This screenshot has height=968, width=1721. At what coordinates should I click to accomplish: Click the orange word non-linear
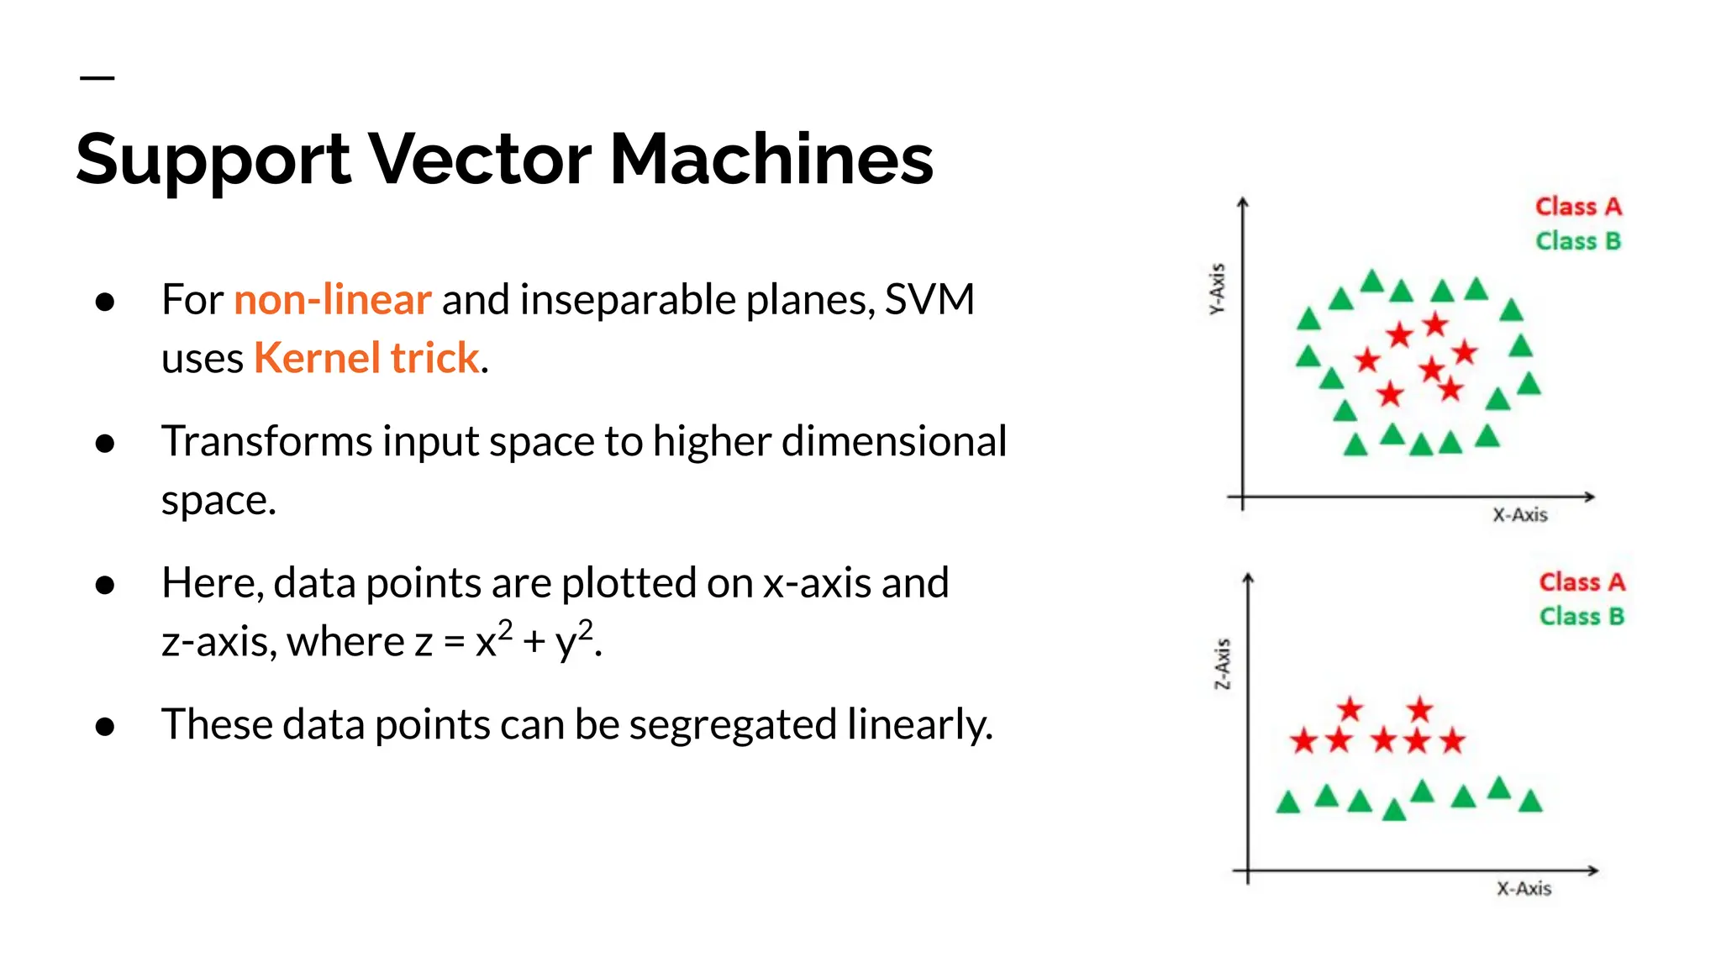click(332, 299)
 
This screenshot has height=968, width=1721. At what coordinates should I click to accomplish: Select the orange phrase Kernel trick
click(366, 358)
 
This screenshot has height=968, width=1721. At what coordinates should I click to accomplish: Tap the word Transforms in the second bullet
click(266, 441)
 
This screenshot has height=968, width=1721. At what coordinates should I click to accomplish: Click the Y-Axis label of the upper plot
click(1217, 288)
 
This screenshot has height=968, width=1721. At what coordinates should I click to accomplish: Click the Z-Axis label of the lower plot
click(1223, 664)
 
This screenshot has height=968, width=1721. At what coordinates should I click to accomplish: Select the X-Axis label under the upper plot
click(1519, 515)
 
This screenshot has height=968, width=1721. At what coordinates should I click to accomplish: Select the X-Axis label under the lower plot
click(1524, 889)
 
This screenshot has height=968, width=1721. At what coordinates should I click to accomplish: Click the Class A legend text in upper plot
click(1578, 207)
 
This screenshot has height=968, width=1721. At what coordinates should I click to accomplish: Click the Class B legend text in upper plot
click(1578, 241)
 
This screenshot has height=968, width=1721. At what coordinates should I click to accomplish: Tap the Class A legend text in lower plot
click(1582, 582)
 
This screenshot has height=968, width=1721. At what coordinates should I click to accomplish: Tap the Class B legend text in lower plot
click(1582, 617)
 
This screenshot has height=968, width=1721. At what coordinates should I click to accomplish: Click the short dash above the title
click(97, 78)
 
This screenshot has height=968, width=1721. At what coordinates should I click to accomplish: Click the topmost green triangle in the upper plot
click(1372, 281)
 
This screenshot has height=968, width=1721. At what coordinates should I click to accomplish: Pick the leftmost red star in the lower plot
click(1303, 741)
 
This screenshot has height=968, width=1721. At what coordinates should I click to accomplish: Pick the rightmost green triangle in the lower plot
click(1531, 802)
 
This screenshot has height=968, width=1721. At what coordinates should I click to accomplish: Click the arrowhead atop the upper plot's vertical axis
click(1243, 203)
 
